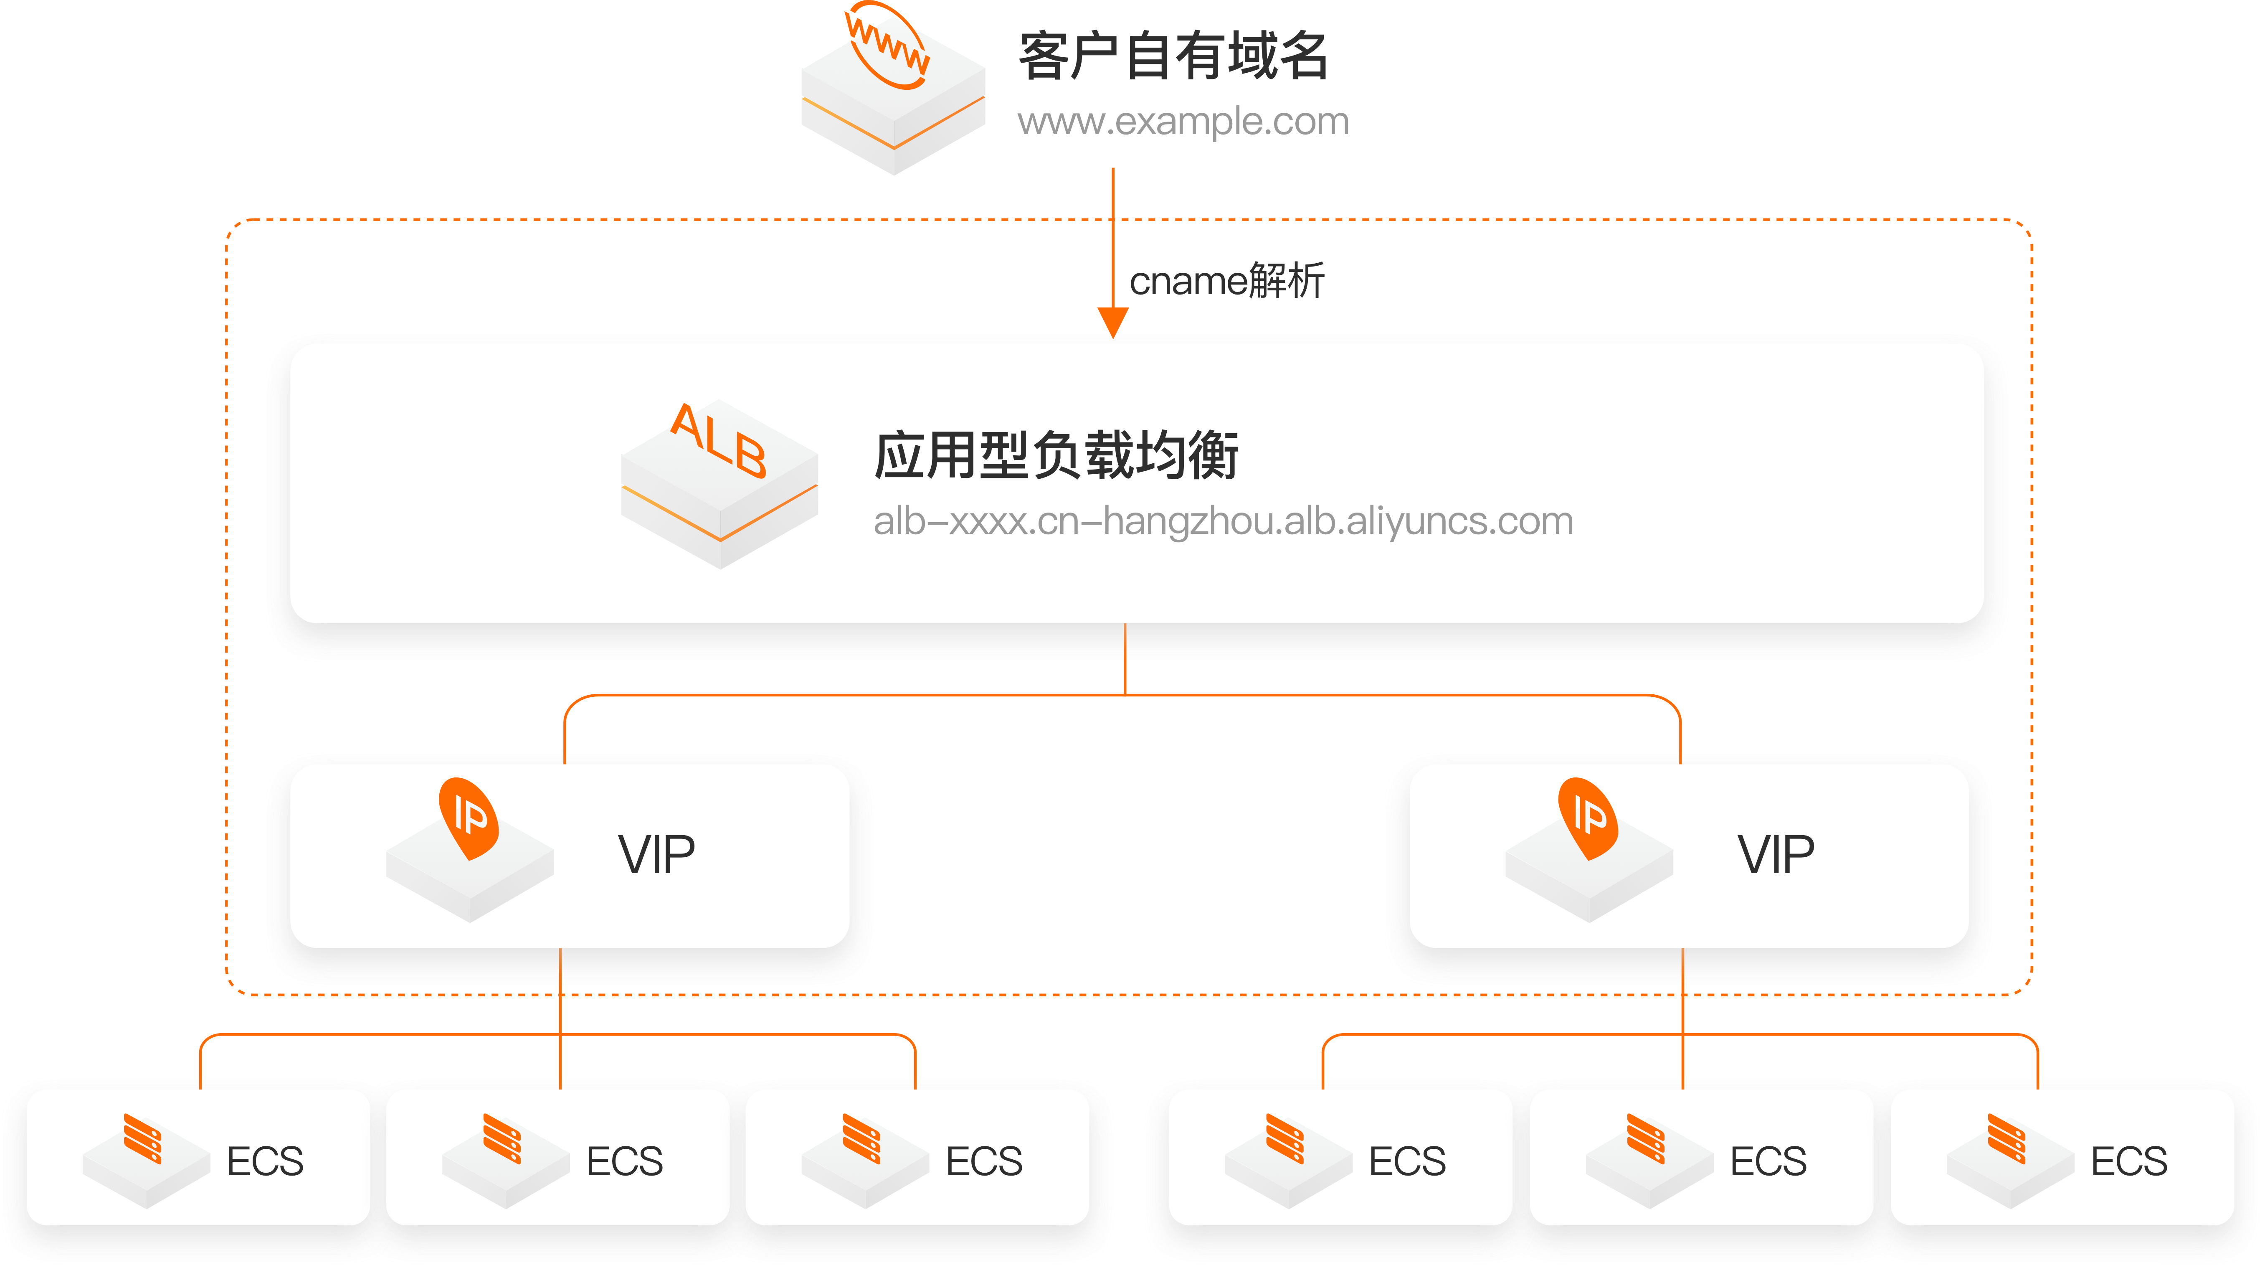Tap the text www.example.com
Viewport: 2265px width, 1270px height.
coord(1183,122)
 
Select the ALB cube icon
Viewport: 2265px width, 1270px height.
coord(719,484)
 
